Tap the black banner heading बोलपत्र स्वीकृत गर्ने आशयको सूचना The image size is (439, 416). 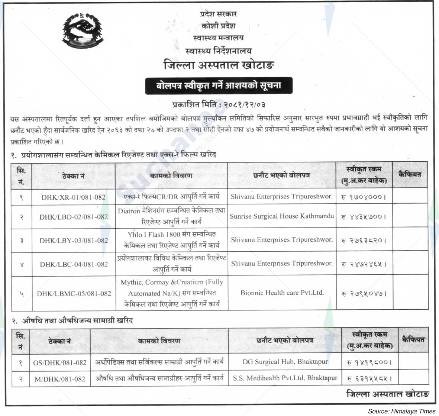pos(219,86)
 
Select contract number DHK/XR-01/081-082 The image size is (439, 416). pos(73,197)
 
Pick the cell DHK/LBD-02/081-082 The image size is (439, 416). pos(74,217)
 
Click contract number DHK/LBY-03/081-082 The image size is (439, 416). pos(74,241)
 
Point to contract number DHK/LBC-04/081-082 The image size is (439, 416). pos(74,264)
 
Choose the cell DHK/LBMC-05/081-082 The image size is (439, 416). pos(74,293)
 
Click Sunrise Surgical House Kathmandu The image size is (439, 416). pos(282,216)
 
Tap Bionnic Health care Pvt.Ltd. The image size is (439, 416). pos(282,293)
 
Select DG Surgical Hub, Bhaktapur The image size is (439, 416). pos(285,361)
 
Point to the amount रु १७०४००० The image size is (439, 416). pos(363,197)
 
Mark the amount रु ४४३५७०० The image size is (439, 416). pos(363,217)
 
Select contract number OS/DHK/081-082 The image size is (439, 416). pos(60,362)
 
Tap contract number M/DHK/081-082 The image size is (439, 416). pos(60,379)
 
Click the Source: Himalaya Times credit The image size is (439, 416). pos(401,411)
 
